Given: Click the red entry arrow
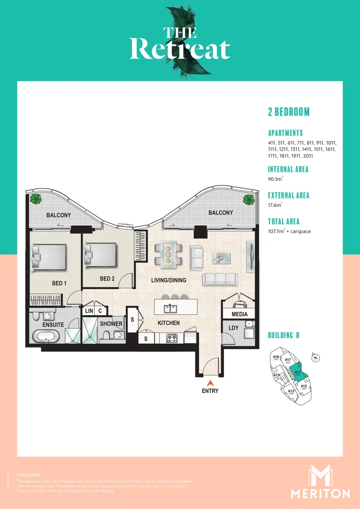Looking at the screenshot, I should click(x=211, y=383).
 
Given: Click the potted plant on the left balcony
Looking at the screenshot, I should click(x=35, y=199).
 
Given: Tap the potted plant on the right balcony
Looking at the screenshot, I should click(x=249, y=198).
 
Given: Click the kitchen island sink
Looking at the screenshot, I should click(x=170, y=309).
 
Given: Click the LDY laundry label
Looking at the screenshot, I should click(x=233, y=328).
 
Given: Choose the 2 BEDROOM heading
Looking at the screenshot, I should click(x=288, y=112).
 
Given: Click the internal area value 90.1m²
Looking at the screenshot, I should click(x=276, y=179).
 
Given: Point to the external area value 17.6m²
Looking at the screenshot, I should click(x=275, y=205).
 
